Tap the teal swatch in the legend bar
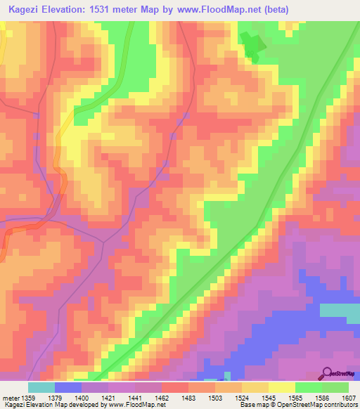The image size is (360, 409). pos(41,387)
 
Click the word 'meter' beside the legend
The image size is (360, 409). pos(10,397)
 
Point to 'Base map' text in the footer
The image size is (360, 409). pos(252,405)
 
